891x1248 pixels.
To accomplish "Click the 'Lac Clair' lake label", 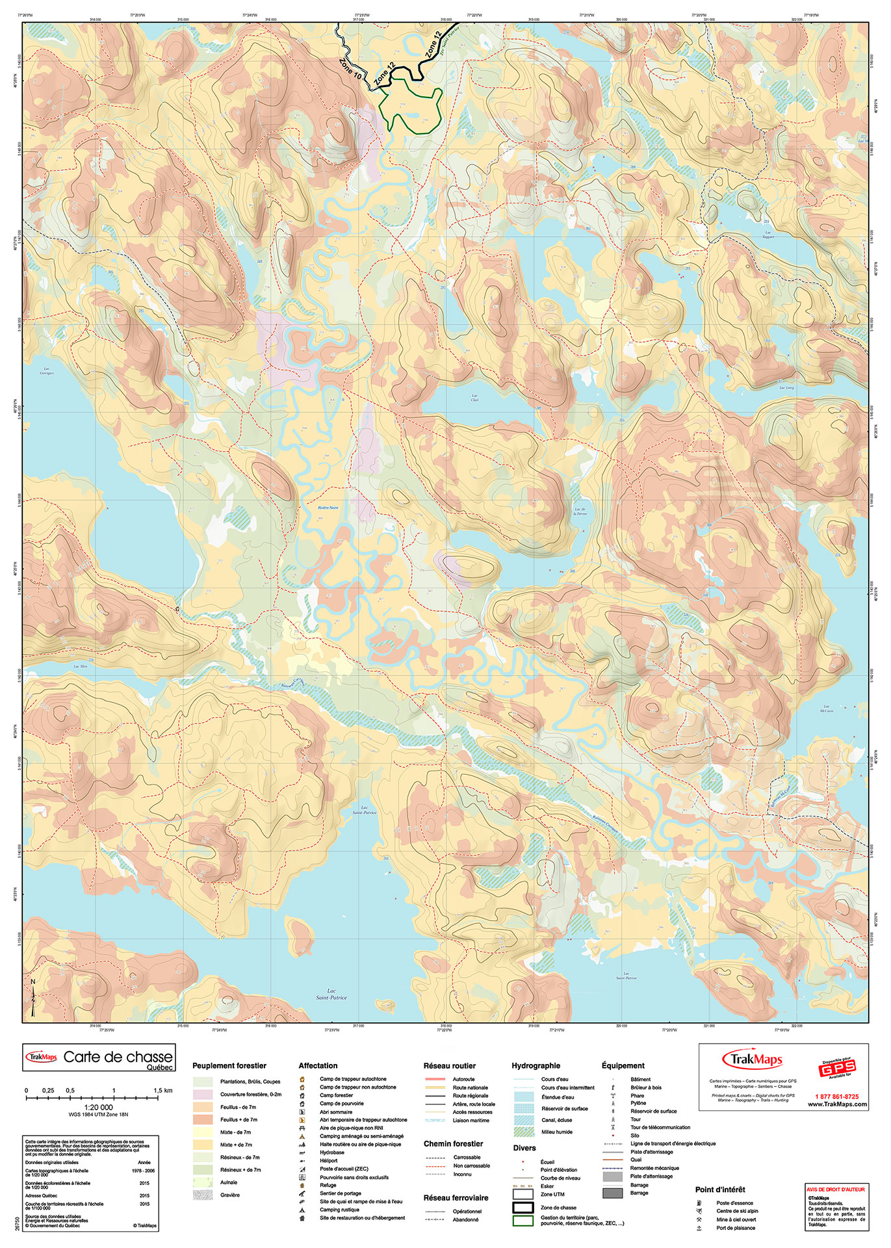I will coord(474,397).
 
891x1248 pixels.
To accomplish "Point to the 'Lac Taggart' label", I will coord(768,234).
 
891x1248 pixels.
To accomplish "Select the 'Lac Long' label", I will coord(786,387).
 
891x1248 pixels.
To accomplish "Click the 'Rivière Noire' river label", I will coord(328,508).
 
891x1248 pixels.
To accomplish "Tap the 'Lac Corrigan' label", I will coord(46,371).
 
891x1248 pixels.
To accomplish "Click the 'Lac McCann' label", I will coord(826,708).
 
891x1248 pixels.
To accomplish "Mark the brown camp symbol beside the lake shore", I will coord(177,609).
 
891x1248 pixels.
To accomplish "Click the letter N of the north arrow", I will coord(33,982).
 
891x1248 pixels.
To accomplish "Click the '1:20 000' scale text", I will coord(98,1108).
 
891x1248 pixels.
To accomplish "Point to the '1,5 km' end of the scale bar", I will coord(163,1091).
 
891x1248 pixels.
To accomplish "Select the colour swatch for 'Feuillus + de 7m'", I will coord(203,1120).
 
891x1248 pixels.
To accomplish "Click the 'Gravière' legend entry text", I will coord(230,1195).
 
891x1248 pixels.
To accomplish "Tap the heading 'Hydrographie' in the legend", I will coord(536,1066).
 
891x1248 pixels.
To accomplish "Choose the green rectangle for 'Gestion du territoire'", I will coord(523,1221).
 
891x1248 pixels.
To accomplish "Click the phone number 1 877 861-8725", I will coord(836,1097).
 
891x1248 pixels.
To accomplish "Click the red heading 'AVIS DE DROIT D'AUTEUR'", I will coord(836,1189).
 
